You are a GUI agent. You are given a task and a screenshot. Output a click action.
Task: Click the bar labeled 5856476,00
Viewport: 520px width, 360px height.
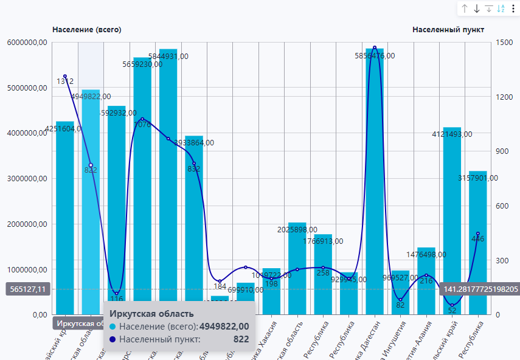(375, 182)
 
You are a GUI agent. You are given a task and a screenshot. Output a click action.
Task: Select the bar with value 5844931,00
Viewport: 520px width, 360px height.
(168, 182)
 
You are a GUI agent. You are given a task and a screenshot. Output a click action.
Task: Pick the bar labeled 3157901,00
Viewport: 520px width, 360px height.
(478, 243)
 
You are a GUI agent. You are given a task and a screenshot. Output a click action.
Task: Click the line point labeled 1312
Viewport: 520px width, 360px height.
(65, 76)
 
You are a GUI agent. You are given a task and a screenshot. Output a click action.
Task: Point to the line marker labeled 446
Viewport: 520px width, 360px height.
(478, 234)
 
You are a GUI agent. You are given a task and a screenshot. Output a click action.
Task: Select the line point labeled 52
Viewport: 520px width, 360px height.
(452, 305)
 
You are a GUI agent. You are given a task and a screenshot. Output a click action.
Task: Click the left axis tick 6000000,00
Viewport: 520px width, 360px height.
(24, 43)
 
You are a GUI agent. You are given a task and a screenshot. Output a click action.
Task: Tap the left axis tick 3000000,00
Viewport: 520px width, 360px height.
(24, 179)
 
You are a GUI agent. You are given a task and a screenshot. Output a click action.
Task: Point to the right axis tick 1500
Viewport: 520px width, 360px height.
(503, 43)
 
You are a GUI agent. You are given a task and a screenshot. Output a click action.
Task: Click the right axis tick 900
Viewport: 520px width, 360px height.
(502, 151)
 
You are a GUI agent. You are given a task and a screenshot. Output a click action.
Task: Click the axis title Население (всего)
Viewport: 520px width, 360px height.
(87, 29)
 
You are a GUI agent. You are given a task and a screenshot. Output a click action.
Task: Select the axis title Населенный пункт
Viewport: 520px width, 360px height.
(448, 29)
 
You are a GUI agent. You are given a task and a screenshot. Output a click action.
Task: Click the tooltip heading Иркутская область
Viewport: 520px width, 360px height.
(151, 314)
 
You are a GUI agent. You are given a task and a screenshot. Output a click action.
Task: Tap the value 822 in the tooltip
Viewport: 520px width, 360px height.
(241, 339)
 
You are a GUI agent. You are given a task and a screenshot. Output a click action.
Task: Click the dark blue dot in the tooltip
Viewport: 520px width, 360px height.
(113, 339)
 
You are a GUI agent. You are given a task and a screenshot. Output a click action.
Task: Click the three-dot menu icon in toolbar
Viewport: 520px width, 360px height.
(513, 9)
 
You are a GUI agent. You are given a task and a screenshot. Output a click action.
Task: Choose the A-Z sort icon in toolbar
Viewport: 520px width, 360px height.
(501, 9)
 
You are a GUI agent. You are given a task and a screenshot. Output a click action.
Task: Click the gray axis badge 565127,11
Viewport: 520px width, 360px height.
(26, 289)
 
